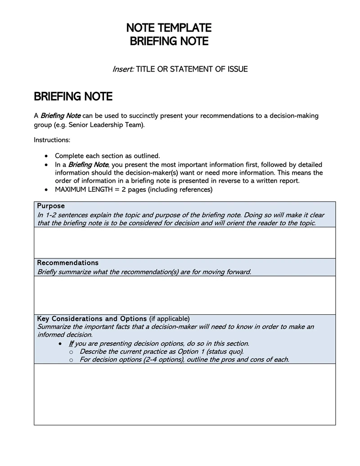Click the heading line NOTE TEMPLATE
(x=169, y=28)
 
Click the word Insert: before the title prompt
(x=123, y=69)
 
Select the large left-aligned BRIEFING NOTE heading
(x=73, y=97)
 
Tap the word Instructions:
(x=52, y=140)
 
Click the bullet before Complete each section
(x=46, y=156)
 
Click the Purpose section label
(x=51, y=206)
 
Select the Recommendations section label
(x=67, y=263)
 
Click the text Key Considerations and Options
(x=92, y=319)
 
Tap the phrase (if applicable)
(x=170, y=319)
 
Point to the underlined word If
(x=72, y=344)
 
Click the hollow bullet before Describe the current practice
(x=71, y=352)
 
